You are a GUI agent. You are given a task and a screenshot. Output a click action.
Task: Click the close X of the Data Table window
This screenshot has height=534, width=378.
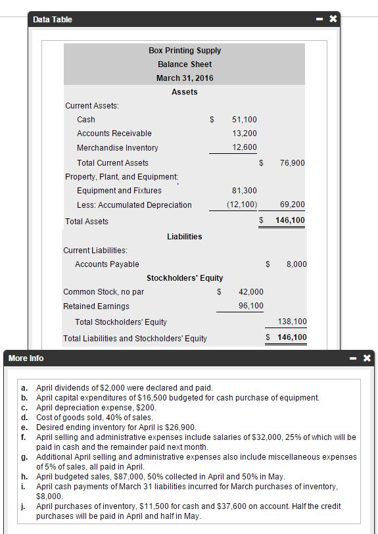(x=333, y=20)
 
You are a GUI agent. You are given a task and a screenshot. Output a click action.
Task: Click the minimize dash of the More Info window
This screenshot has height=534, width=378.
(x=354, y=358)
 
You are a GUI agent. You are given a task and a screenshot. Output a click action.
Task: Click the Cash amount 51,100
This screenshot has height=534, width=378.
(x=245, y=120)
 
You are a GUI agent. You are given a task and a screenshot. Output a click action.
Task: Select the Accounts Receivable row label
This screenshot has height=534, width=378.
(x=114, y=133)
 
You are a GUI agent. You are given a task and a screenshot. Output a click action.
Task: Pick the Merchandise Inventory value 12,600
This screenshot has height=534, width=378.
(x=245, y=148)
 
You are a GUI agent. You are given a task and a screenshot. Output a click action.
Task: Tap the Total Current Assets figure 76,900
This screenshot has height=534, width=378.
(x=292, y=162)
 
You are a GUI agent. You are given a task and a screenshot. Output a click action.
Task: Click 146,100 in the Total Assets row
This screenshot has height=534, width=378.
(x=290, y=220)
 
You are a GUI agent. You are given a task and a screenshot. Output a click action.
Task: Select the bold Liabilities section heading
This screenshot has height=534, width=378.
(x=184, y=237)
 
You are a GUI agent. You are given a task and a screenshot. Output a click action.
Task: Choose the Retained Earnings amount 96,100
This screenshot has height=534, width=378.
(x=250, y=306)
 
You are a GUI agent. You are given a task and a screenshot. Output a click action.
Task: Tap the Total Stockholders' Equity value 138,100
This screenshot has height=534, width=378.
(x=293, y=322)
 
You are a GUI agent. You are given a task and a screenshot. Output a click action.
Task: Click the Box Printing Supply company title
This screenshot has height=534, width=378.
(x=184, y=51)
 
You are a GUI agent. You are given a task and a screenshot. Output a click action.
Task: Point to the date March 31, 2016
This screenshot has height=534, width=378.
(x=184, y=78)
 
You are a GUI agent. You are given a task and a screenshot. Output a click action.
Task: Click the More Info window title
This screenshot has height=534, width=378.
(x=26, y=358)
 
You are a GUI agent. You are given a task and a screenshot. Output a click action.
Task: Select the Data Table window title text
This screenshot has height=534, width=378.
(x=53, y=20)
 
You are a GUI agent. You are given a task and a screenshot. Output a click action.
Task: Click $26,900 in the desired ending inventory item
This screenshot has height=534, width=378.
(x=181, y=427)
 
